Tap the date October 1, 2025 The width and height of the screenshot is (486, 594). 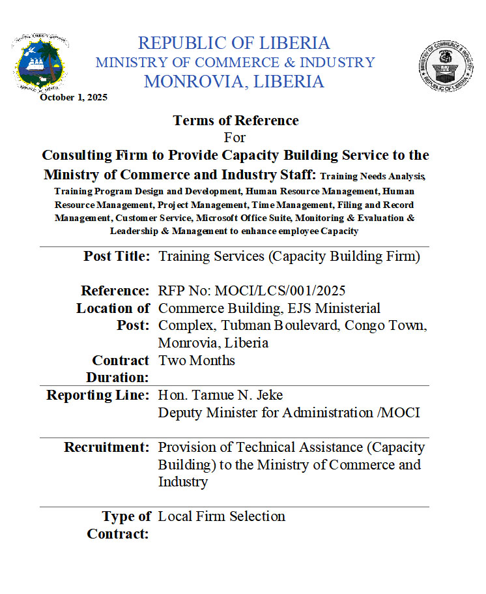(x=74, y=97)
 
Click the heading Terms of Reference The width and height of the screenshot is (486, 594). (x=235, y=121)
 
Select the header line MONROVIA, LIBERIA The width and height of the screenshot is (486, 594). (x=234, y=82)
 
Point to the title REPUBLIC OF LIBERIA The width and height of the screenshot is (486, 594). (x=234, y=44)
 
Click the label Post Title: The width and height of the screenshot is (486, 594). (x=117, y=256)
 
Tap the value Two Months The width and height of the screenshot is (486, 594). (x=196, y=360)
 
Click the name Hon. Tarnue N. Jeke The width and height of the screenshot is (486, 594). (x=220, y=395)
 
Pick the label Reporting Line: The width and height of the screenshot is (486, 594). (x=98, y=395)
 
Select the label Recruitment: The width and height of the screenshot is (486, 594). (x=107, y=447)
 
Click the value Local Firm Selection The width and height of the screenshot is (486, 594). (x=222, y=516)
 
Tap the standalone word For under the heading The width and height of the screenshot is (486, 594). (x=235, y=138)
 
